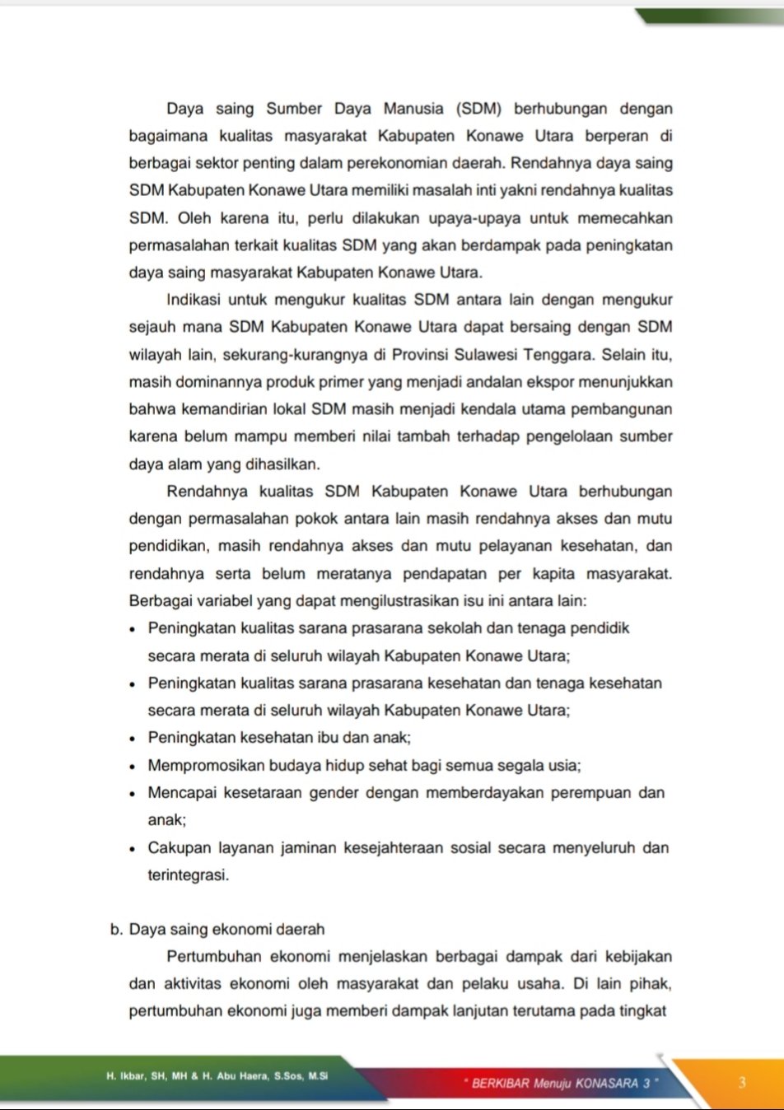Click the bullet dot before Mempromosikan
point(133,766)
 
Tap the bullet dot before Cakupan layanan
point(133,848)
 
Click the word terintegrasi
point(188,875)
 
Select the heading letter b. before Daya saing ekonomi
point(116,930)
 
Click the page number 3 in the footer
point(742,1082)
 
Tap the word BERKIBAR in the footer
point(500,1083)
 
